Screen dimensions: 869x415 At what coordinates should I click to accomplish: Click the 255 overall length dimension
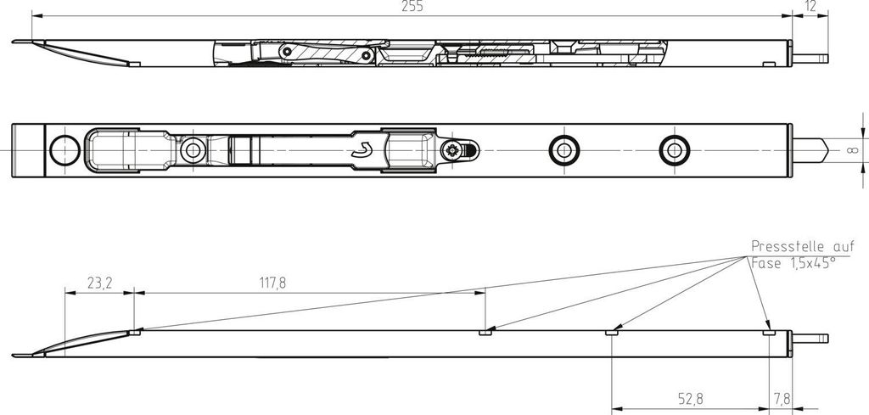(x=412, y=7)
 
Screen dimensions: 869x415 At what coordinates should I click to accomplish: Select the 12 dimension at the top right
(x=810, y=7)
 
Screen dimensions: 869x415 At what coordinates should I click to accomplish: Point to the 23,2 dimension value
(x=100, y=283)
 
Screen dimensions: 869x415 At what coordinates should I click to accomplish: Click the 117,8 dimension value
(x=272, y=283)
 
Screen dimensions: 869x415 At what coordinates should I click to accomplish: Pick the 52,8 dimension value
(x=691, y=398)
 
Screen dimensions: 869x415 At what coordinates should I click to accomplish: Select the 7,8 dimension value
(x=781, y=398)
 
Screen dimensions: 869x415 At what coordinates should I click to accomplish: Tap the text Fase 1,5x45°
(x=793, y=263)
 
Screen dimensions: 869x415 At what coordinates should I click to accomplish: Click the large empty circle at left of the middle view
(x=64, y=150)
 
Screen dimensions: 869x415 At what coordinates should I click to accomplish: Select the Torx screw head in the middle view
(x=452, y=150)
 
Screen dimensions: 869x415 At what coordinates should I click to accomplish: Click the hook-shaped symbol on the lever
(x=362, y=150)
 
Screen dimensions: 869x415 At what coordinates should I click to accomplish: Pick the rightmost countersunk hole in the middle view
(x=675, y=150)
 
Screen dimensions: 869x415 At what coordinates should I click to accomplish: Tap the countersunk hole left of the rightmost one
(x=564, y=150)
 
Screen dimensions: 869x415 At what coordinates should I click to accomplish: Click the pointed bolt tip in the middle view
(x=810, y=150)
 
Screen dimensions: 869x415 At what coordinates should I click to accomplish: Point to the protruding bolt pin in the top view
(x=810, y=59)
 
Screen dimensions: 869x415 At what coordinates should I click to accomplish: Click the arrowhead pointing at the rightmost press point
(x=767, y=325)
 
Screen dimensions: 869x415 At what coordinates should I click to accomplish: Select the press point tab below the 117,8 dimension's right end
(x=485, y=333)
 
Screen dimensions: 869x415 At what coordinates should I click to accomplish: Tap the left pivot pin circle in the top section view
(x=287, y=52)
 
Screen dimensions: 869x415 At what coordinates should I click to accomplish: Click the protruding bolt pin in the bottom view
(x=810, y=339)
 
